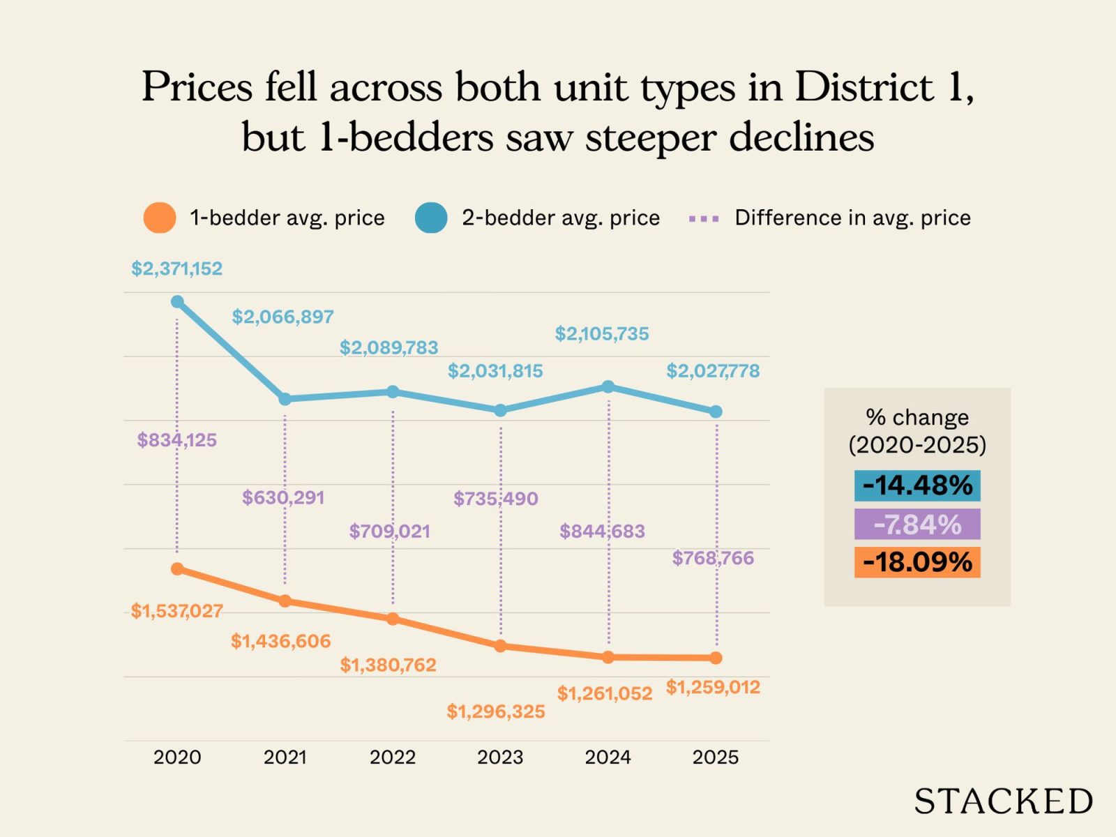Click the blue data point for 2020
pos(177,302)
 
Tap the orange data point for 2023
pos(500,646)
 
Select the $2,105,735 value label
pos(602,334)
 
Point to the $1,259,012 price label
pos(712,687)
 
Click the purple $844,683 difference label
pos(602,531)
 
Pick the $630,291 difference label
pos(283,498)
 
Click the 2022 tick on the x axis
pos(393,757)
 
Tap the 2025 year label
pos(715,757)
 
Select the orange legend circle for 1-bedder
pos(159,218)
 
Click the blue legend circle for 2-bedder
pos(431,218)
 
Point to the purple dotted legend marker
pos(703,219)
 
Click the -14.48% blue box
pos(917,485)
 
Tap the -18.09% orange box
pos(917,562)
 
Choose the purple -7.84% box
pos(917,524)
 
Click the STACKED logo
pos(1003,801)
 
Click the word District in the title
pos(864,87)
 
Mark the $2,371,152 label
pos(177,269)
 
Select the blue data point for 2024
pos(608,386)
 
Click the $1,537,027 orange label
pos(177,611)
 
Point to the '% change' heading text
pos(917,417)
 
